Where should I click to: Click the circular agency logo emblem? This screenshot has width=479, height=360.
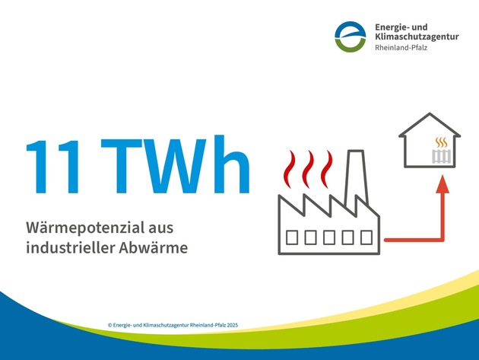[351, 36]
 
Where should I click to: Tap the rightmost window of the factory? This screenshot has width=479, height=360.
[365, 237]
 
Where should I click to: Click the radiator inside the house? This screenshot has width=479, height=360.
[441, 157]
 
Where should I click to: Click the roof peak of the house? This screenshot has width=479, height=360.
[430, 116]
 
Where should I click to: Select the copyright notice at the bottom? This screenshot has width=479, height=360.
[173, 324]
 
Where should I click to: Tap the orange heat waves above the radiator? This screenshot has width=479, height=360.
[441, 142]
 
